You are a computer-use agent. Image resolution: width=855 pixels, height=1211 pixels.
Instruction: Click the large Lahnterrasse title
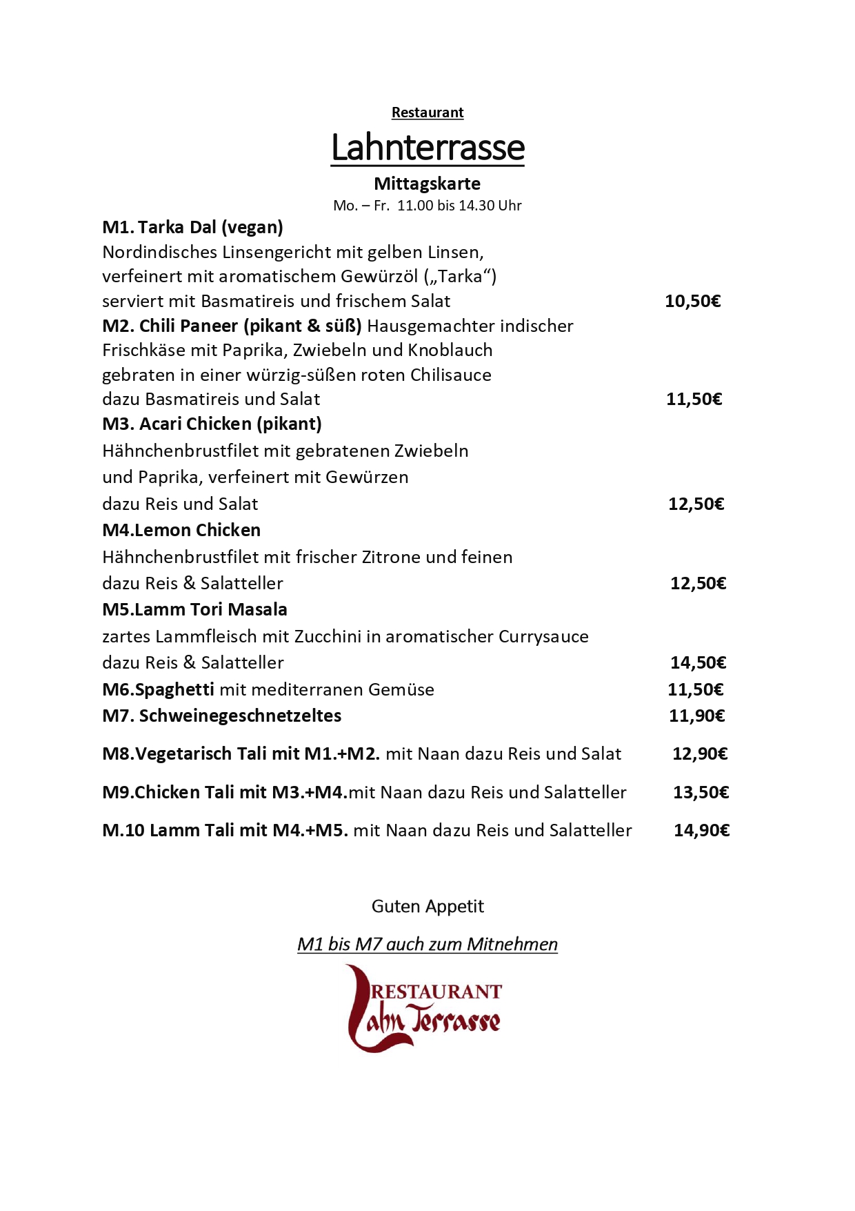428,148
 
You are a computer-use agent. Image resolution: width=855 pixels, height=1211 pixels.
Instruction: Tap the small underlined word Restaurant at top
428,112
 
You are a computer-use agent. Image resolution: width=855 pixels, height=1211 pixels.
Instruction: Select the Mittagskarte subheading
427,184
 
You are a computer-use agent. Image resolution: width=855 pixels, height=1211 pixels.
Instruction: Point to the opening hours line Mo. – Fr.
427,206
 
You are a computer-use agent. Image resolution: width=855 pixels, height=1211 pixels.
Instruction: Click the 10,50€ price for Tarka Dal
692,301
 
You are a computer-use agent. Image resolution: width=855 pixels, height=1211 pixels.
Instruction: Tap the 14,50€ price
698,662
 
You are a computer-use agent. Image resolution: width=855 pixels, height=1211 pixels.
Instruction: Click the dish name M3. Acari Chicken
212,424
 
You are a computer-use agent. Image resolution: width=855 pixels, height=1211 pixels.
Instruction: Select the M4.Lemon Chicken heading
181,530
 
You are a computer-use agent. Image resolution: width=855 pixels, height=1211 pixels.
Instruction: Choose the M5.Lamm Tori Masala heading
194,609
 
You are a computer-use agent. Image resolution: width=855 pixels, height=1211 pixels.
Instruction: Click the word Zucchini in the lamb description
328,636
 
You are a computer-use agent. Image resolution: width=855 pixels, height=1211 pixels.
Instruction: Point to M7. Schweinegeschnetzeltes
221,716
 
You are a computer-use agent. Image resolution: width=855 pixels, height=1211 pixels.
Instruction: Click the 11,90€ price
696,716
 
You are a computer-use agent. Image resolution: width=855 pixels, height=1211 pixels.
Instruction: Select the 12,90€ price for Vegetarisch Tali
700,754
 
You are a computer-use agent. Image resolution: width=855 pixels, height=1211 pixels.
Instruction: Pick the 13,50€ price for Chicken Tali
701,792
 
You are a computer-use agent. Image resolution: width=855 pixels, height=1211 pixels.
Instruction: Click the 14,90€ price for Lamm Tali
701,830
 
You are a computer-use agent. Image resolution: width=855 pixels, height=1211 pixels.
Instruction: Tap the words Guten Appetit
428,906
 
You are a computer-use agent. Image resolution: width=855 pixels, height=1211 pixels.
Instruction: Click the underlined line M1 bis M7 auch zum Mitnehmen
428,944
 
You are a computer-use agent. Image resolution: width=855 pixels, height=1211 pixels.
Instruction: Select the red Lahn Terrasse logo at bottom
425,1009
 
